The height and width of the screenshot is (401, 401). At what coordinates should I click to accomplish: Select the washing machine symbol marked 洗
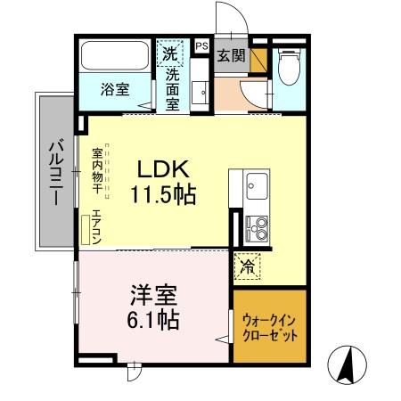(170, 53)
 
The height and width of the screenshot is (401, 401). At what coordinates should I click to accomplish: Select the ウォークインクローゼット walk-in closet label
(269, 326)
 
